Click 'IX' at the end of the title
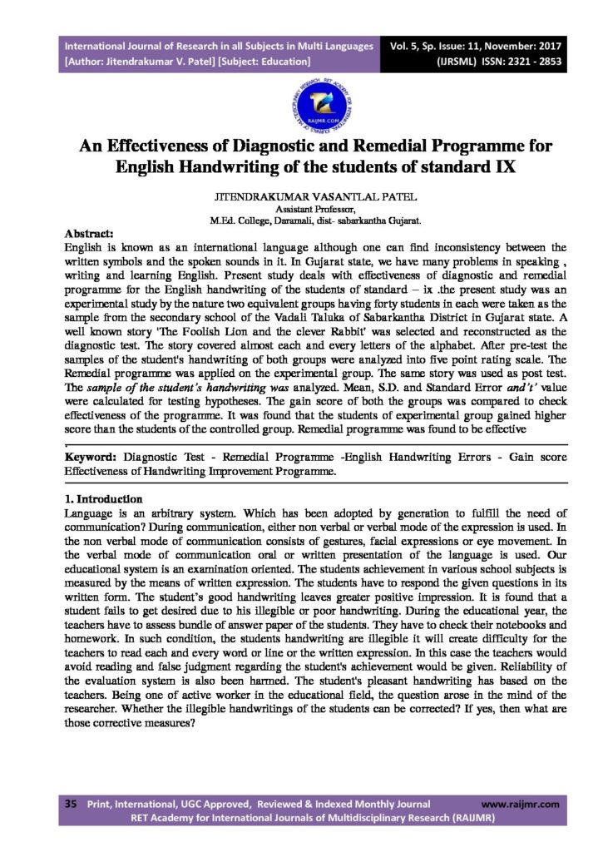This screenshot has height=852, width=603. pos(491,165)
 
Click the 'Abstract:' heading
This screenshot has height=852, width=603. pos(94,234)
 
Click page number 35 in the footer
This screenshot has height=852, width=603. pos(71,805)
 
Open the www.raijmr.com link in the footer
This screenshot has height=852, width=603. pos(521,805)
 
